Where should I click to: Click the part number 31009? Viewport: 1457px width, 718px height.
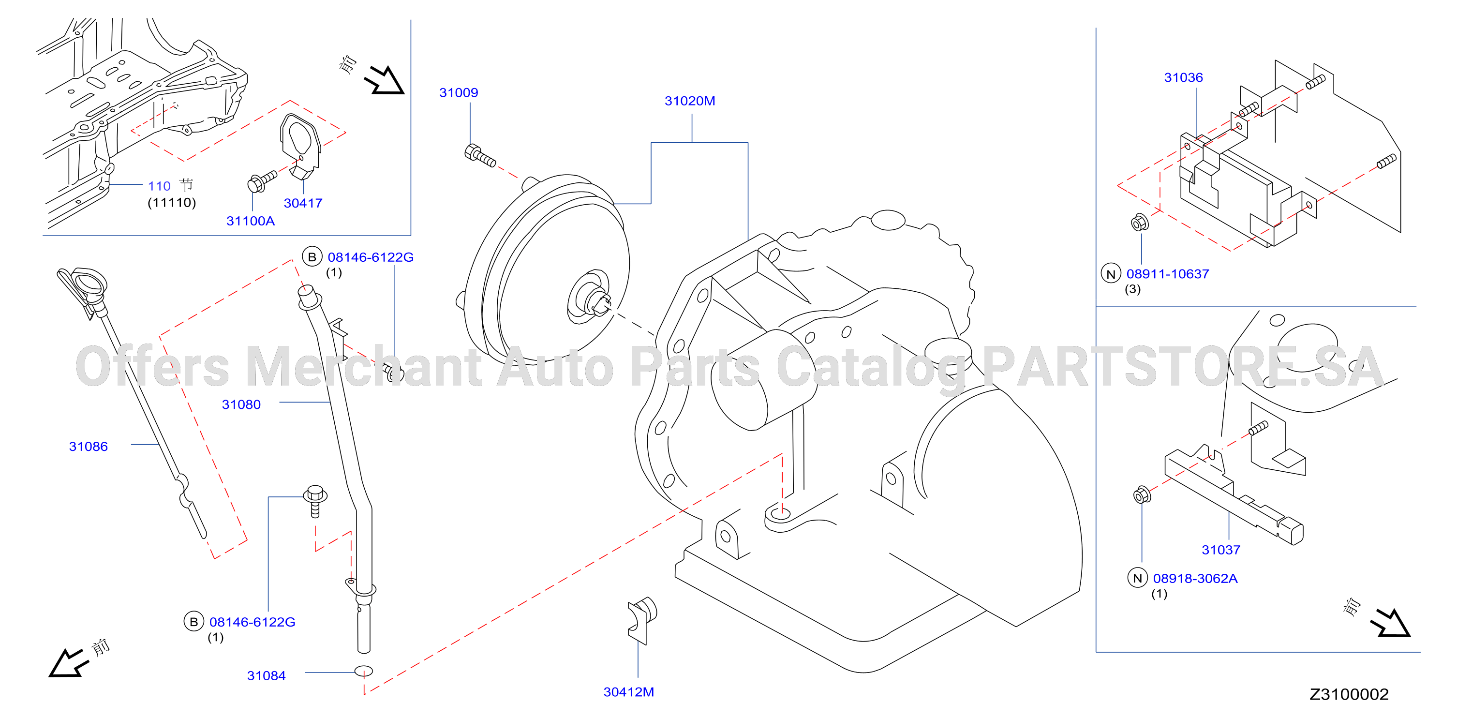[x=459, y=93]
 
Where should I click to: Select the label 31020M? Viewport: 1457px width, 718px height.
[x=689, y=101]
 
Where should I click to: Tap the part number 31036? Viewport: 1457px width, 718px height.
[x=1183, y=77]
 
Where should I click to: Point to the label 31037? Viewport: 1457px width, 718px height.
[x=1220, y=550]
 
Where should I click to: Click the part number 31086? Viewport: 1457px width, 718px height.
[x=88, y=447]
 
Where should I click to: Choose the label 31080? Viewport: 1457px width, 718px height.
[x=241, y=404]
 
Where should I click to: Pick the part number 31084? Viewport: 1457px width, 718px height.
[x=267, y=675]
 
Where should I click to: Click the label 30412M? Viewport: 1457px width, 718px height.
[x=628, y=692]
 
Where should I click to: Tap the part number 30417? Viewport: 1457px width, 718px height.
[x=303, y=203]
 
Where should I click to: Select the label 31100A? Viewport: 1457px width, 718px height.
[x=251, y=221]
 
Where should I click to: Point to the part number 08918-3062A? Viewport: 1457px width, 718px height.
[x=1195, y=578]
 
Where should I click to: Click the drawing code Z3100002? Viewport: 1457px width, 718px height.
[x=1349, y=694]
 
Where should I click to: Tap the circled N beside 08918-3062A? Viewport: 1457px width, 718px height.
[x=1137, y=578]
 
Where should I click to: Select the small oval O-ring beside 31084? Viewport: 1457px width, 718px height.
[x=364, y=671]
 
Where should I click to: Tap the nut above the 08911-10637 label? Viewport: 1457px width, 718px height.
[x=1139, y=223]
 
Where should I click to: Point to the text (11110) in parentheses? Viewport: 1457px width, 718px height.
[x=172, y=203]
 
